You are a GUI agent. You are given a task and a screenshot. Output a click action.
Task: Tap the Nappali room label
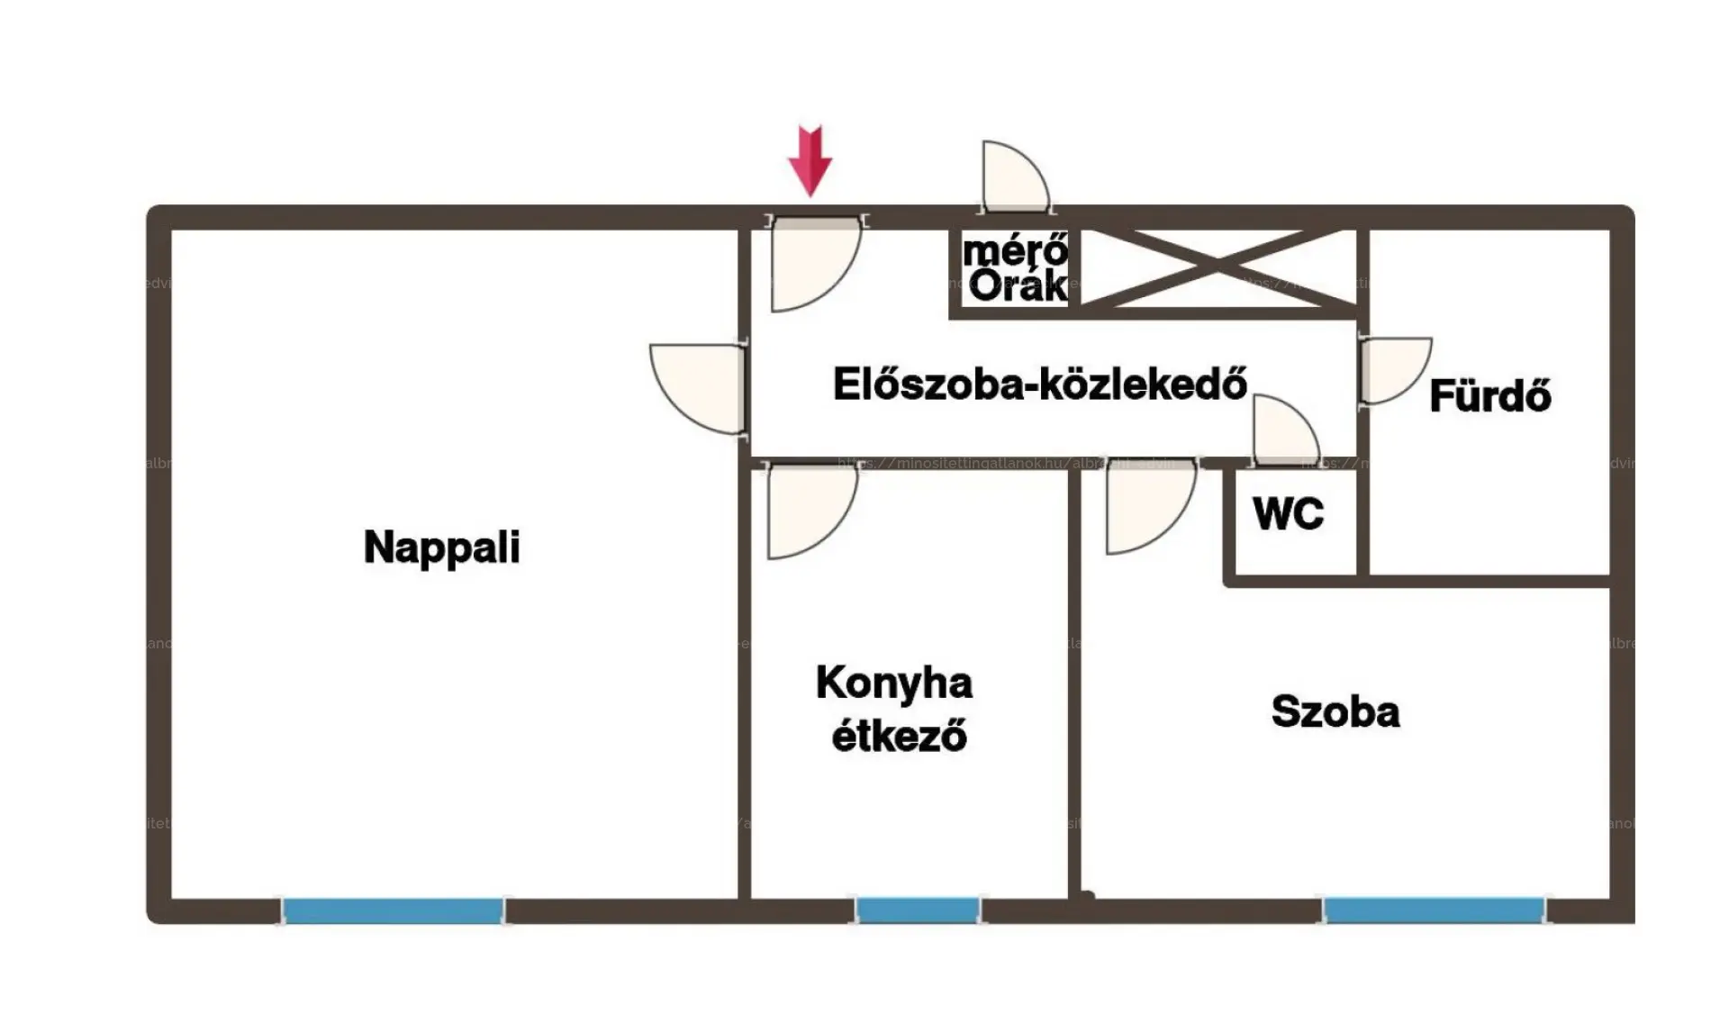pyautogui.click(x=441, y=547)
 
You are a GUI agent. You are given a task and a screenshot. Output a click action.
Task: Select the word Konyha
pyautogui.click(x=894, y=683)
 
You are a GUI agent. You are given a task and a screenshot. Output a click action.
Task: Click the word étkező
pyautogui.click(x=899, y=736)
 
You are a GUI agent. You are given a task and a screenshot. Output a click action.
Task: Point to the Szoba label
pyautogui.click(x=1335, y=711)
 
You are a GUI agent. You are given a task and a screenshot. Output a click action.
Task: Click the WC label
pyautogui.click(x=1288, y=514)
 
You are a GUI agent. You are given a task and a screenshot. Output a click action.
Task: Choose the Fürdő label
pyautogui.click(x=1490, y=395)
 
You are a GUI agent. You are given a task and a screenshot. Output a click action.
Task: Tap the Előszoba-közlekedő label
pyautogui.click(x=1040, y=385)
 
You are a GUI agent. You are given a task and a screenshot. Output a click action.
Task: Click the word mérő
pyautogui.click(x=1015, y=250)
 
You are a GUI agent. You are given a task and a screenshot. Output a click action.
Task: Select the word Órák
pyautogui.click(x=1018, y=286)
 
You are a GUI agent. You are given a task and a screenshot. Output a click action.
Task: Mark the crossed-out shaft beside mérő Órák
pyautogui.click(x=1218, y=267)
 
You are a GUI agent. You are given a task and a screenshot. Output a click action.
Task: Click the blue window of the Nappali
pyautogui.click(x=393, y=910)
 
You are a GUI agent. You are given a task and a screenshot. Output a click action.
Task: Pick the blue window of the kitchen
pyautogui.click(x=917, y=910)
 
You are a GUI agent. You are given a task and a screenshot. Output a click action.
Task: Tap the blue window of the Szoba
pyautogui.click(x=1435, y=910)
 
